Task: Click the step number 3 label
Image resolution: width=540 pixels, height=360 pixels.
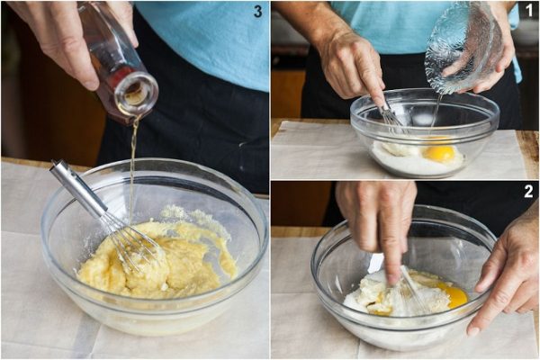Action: [257, 11]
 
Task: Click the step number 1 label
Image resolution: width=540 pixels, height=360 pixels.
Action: [529, 11]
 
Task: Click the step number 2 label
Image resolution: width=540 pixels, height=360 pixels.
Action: [528, 192]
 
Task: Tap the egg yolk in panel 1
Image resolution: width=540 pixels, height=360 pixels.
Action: [439, 154]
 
